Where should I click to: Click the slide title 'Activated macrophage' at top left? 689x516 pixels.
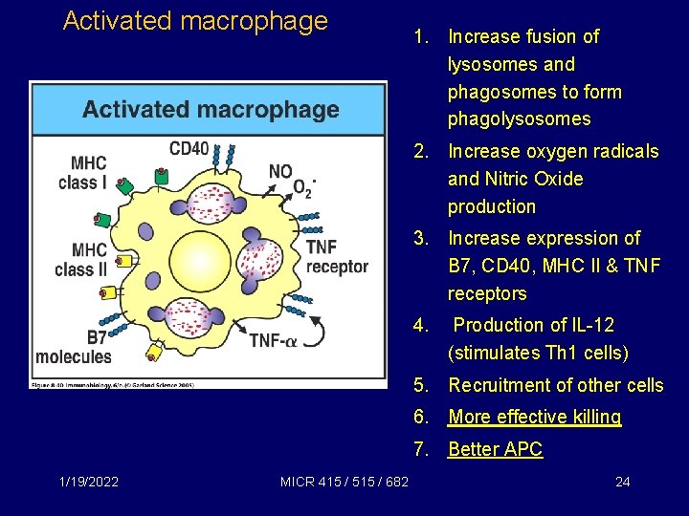click(x=195, y=21)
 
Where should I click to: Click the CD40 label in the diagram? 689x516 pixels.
click(x=189, y=148)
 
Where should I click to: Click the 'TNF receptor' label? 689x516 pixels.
click(x=336, y=257)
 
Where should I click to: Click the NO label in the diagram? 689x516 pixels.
click(x=280, y=172)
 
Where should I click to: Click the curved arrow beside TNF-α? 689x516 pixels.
click(x=323, y=334)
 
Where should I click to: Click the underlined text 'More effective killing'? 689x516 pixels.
click(x=535, y=417)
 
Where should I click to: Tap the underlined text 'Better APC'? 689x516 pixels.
click(x=495, y=449)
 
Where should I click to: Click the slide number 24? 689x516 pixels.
click(x=622, y=482)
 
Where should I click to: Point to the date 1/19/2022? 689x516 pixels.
click(x=89, y=482)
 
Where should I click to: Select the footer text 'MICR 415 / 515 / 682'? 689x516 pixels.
click(x=344, y=482)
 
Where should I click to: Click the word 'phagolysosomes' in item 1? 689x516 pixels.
click(x=519, y=119)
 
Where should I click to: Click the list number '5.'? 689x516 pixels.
click(x=421, y=385)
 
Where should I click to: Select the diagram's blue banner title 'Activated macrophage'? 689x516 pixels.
click(x=211, y=109)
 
